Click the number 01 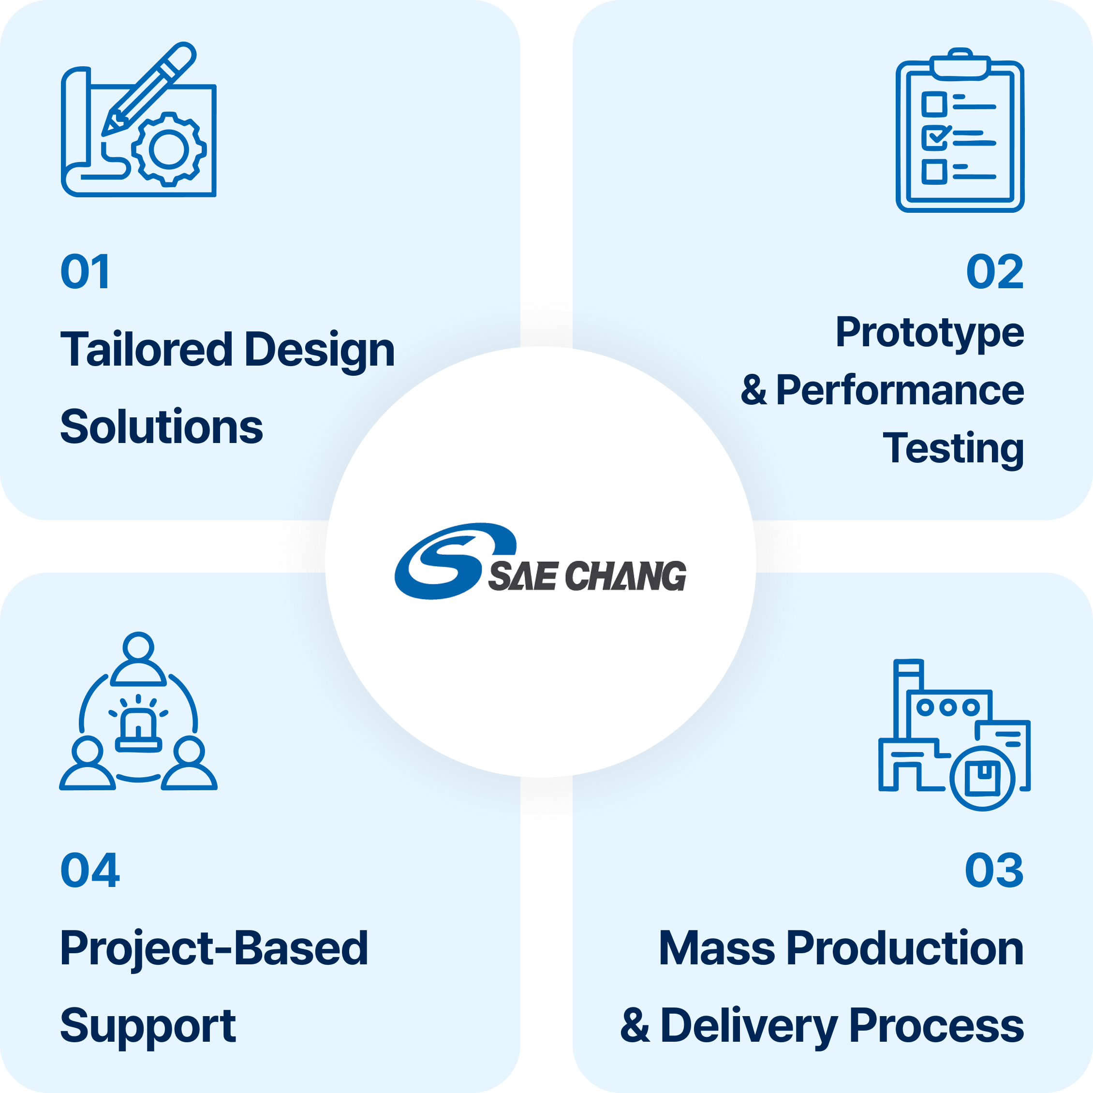[x=85, y=272]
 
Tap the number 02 [x=994, y=272]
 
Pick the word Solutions [x=161, y=427]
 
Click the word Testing [x=953, y=448]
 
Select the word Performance [x=900, y=390]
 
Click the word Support [x=148, y=1026]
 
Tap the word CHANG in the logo [x=625, y=576]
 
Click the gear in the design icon [x=169, y=149]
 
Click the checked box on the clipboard [x=934, y=137]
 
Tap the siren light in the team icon [x=138, y=729]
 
